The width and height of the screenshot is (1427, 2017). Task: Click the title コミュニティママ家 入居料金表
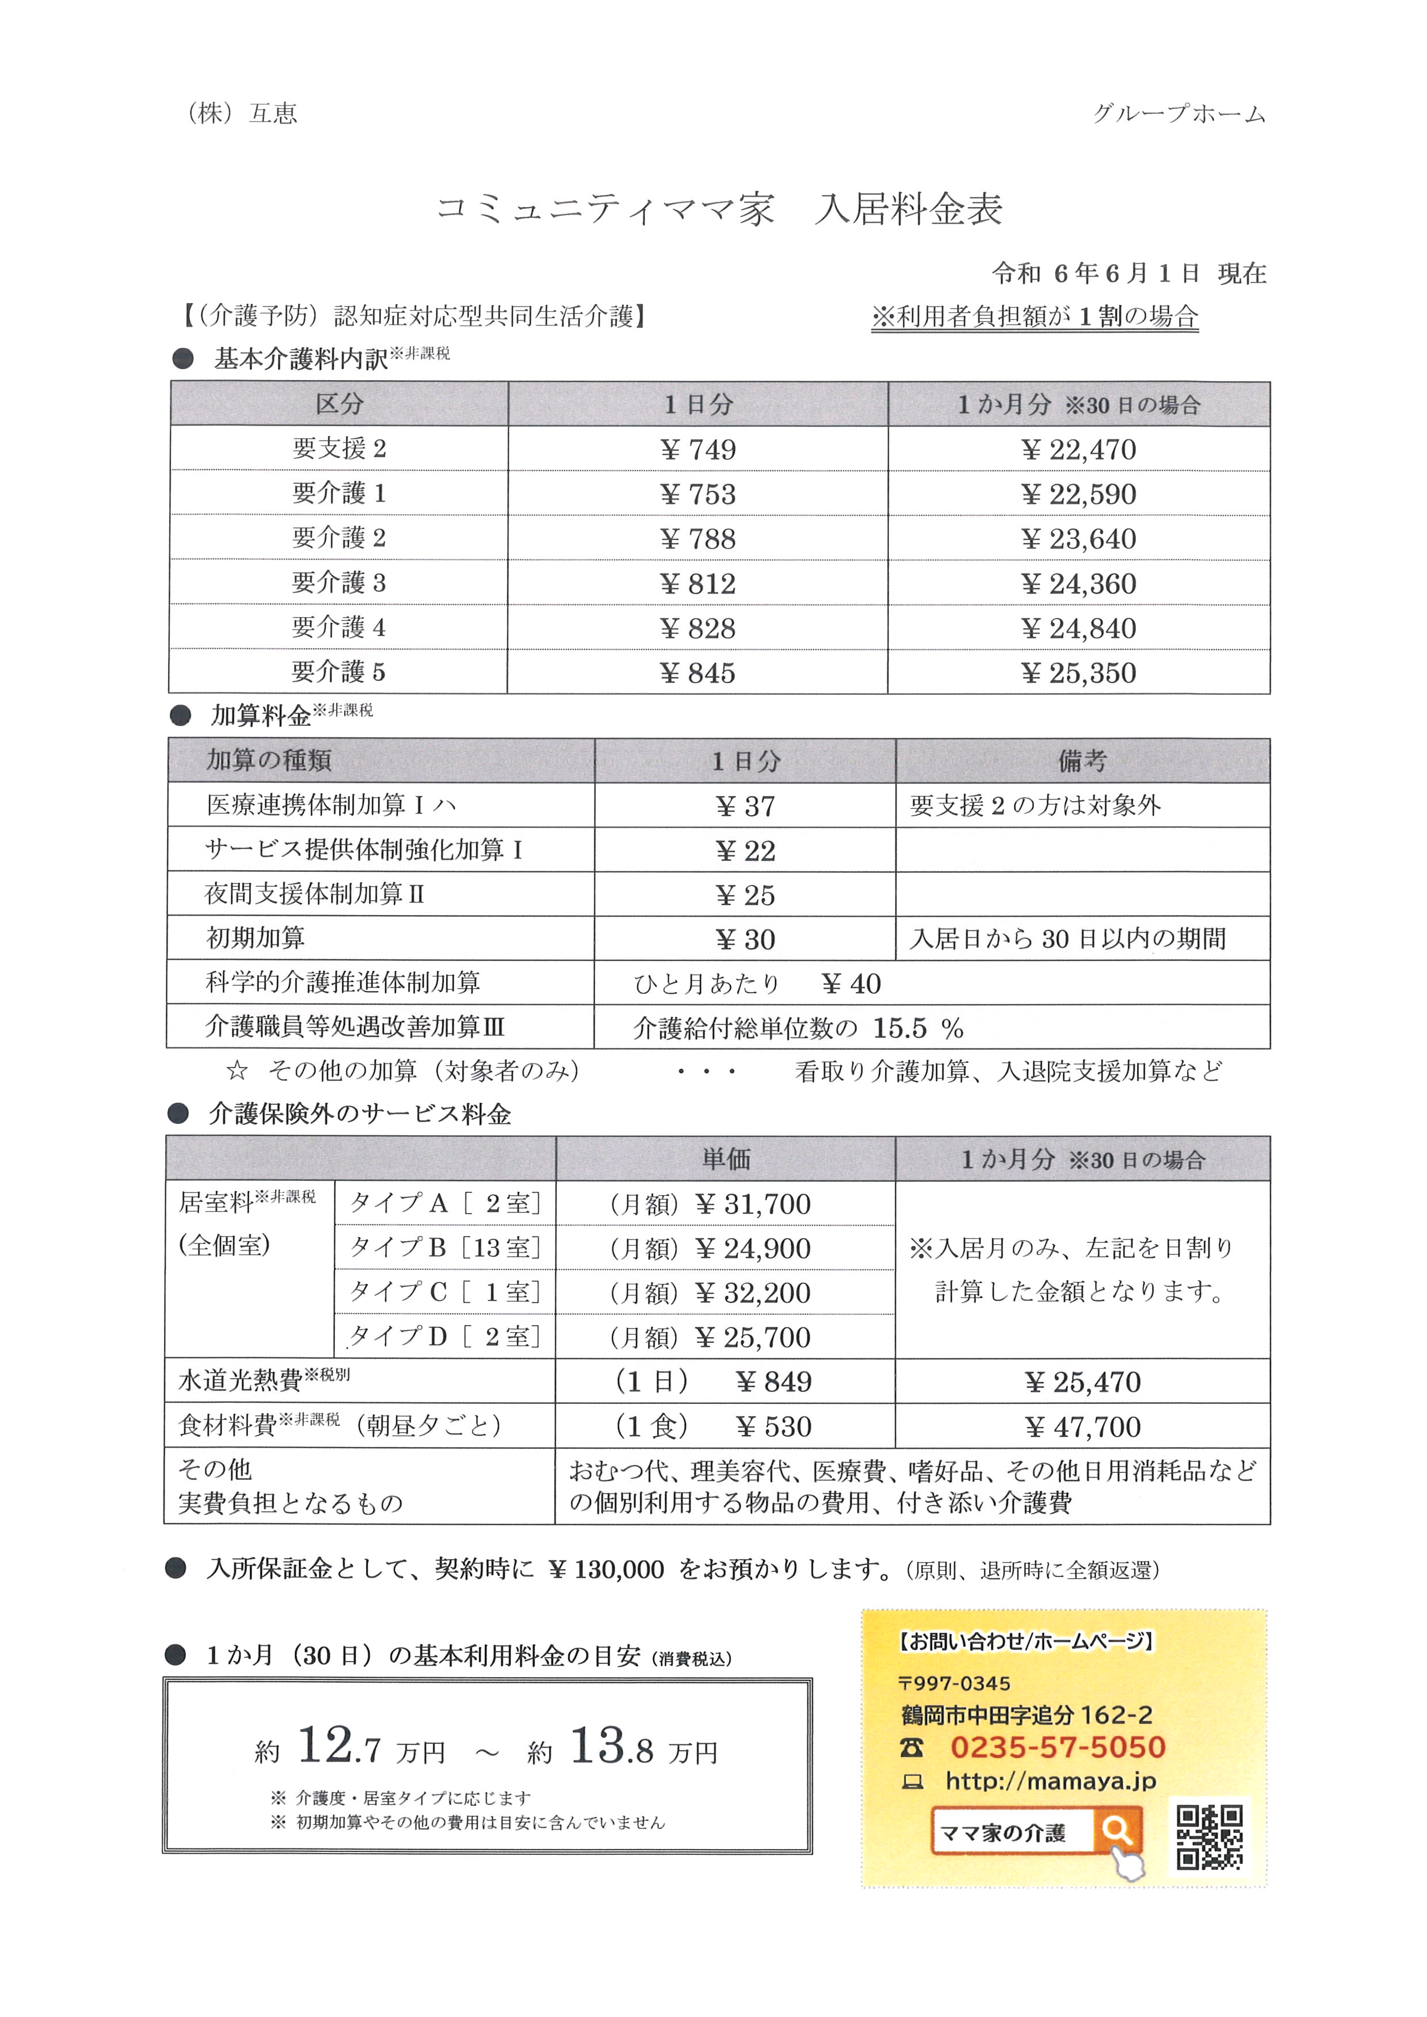tap(719, 210)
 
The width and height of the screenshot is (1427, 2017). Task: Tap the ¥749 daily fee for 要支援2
tap(698, 450)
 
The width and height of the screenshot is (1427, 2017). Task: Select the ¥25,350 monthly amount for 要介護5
tap(1078, 673)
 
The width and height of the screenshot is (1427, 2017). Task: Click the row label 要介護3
tap(338, 583)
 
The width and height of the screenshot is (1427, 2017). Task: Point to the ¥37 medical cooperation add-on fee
tap(745, 806)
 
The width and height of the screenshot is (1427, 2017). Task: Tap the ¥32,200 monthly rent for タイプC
tap(753, 1292)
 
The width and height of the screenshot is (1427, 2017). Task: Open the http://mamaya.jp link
tap(1050, 1781)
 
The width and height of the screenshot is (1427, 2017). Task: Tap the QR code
tap(1209, 1837)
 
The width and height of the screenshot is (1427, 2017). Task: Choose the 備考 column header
tap(1082, 761)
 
